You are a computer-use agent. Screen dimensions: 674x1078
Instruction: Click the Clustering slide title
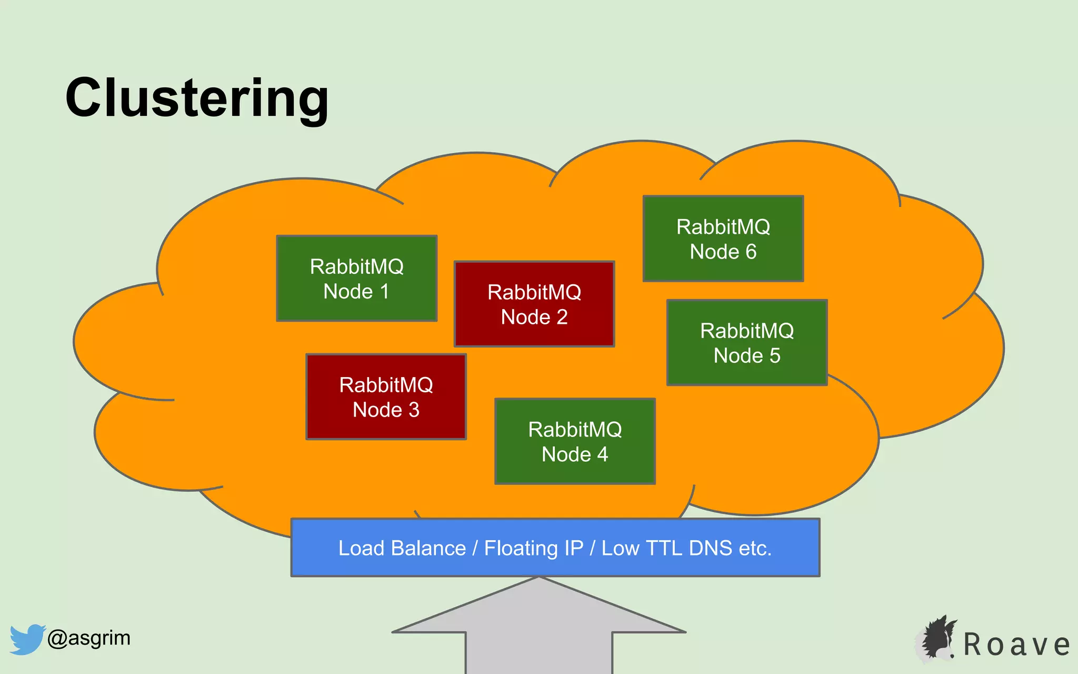[197, 98]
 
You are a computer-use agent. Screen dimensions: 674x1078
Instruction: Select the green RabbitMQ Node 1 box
[357, 278]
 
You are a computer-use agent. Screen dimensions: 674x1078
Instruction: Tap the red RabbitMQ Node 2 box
[534, 304]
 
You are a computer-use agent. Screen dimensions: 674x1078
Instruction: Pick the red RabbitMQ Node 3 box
[386, 397]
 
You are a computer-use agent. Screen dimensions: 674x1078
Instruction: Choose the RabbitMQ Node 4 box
[575, 441]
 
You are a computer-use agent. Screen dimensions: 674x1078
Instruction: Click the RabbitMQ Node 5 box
[747, 343]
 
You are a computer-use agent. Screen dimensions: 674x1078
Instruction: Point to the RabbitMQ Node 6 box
[723, 239]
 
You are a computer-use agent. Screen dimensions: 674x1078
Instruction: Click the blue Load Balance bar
[555, 548]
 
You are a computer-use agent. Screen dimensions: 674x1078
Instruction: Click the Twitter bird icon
[27, 639]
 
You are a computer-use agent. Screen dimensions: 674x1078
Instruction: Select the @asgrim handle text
[88, 638]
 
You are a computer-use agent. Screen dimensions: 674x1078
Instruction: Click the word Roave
[1016, 645]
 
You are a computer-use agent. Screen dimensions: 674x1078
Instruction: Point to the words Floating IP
[533, 548]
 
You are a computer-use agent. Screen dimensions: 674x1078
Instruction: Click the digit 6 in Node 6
[751, 252]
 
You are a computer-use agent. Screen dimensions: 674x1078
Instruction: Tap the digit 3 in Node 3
[414, 410]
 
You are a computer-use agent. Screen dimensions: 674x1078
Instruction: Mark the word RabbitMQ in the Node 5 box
[747, 331]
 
